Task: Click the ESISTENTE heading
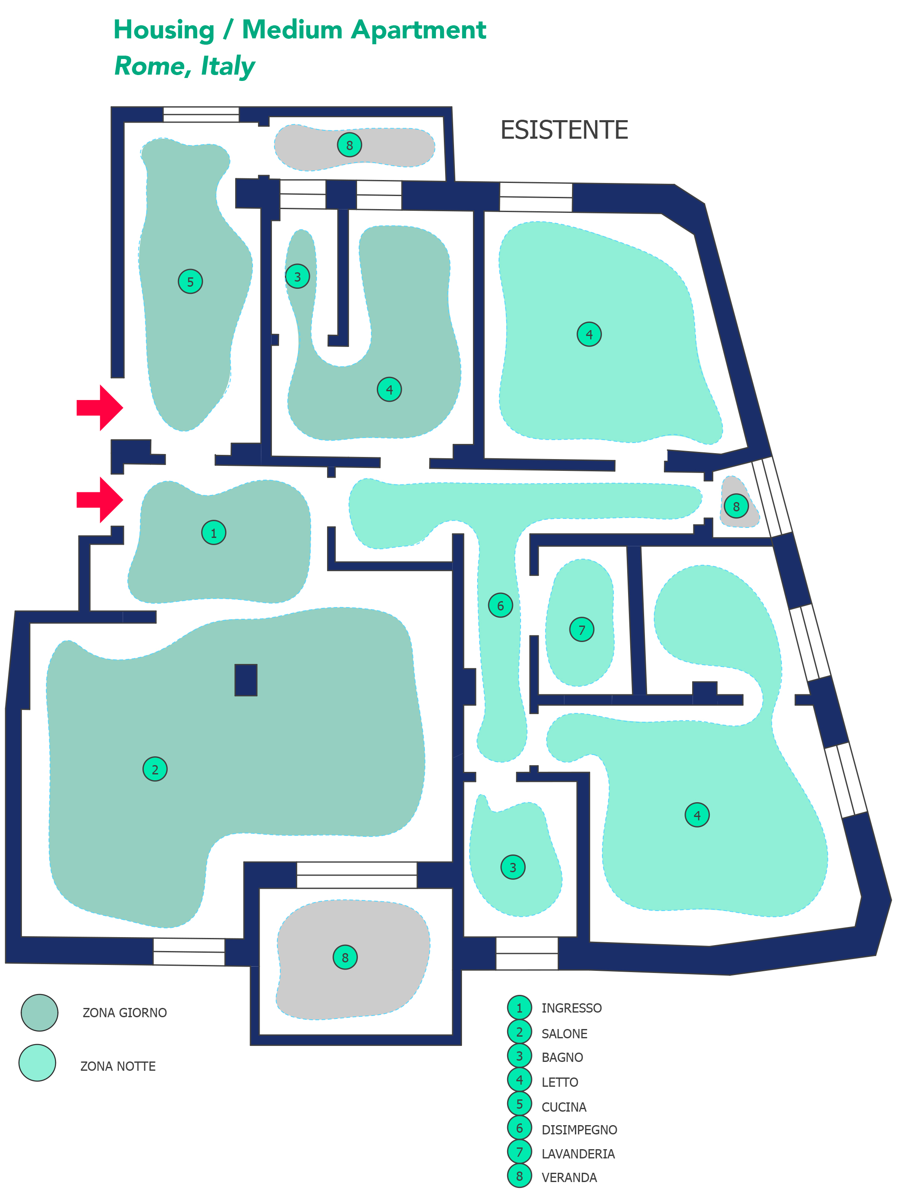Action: tap(564, 130)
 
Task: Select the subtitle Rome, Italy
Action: tap(185, 66)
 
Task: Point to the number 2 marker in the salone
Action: tap(155, 769)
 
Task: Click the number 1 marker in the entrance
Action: tap(214, 533)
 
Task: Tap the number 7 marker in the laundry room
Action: tap(581, 629)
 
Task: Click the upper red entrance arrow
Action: tap(100, 408)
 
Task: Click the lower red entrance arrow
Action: tap(100, 500)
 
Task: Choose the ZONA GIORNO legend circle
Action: tap(39, 1012)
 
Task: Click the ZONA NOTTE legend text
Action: tap(118, 1066)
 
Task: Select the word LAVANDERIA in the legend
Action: tap(577, 1154)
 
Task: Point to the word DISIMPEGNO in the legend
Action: tap(579, 1129)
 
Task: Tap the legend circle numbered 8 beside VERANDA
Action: tap(519, 1176)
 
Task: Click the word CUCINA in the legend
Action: tap(563, 1107)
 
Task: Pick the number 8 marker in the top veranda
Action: tap(349, 145)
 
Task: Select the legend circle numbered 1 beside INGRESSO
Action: tap(519, 1008)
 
